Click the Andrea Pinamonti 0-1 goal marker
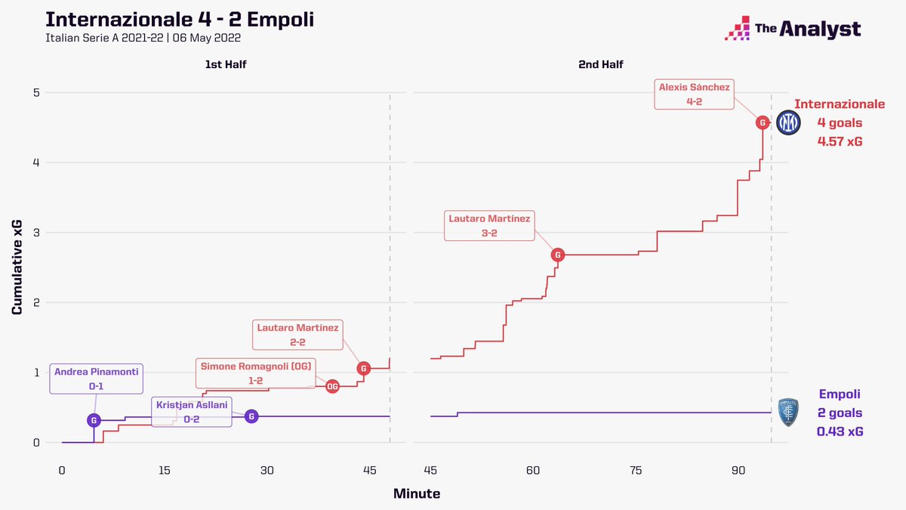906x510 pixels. coord(94,420)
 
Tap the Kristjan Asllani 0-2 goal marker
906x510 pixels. coord(252,416)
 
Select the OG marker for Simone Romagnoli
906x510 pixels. coord(332,386)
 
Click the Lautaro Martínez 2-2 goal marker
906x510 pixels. coord(364,369)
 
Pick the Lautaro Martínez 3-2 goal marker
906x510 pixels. coord(558,255)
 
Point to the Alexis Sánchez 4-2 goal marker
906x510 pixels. coord(763,122)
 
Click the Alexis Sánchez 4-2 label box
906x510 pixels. coord(694,94)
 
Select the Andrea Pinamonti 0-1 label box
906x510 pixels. coord(97,379)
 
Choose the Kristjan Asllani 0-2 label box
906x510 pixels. coord(192,412)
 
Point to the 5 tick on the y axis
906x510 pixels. coord(35,93)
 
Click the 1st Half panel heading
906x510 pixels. coord(225,65)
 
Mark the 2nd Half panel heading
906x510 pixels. coord(600,65)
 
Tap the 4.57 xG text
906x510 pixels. coord(840,141)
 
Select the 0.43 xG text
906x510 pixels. coord(840,431)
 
